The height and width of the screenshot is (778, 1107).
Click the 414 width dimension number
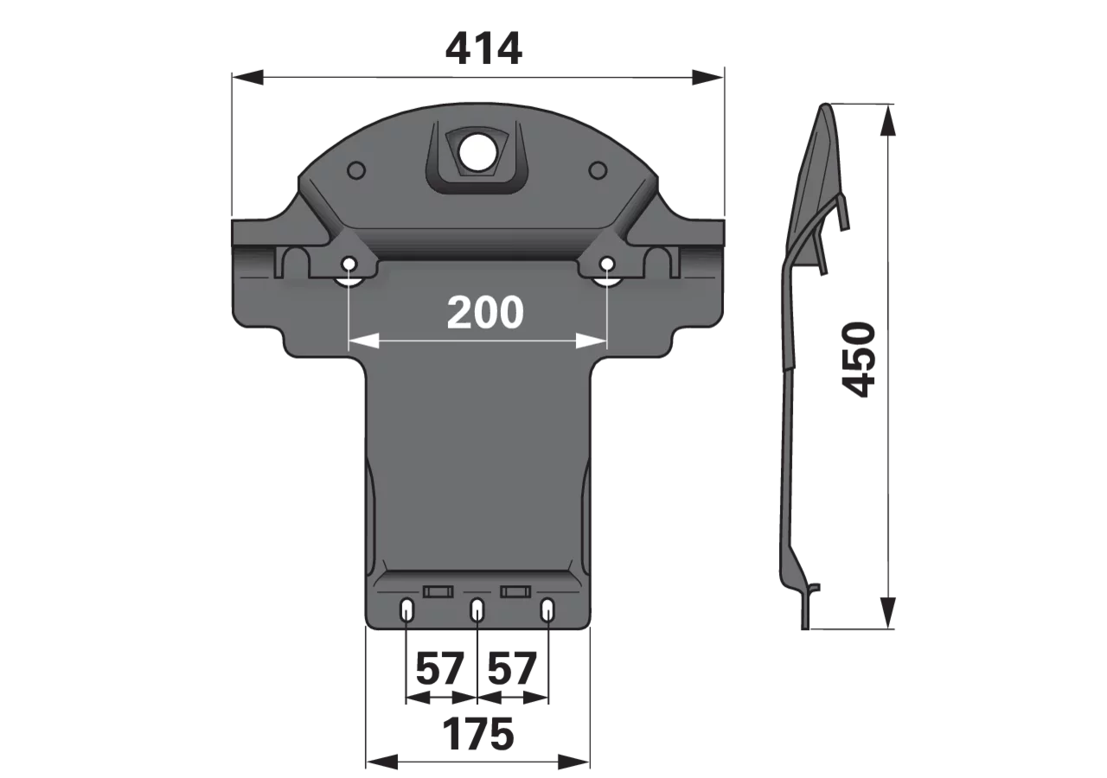(483, 49)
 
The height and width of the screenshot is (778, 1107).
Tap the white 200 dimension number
(485, 313)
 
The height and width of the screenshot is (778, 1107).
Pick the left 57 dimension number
(440, 668)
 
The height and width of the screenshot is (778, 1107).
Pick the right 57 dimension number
(512, 668)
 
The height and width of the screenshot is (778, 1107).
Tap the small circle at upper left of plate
(357, 170)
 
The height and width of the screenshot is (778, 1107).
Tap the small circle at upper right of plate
(598, 170)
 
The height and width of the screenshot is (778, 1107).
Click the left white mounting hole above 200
(349, 265)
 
